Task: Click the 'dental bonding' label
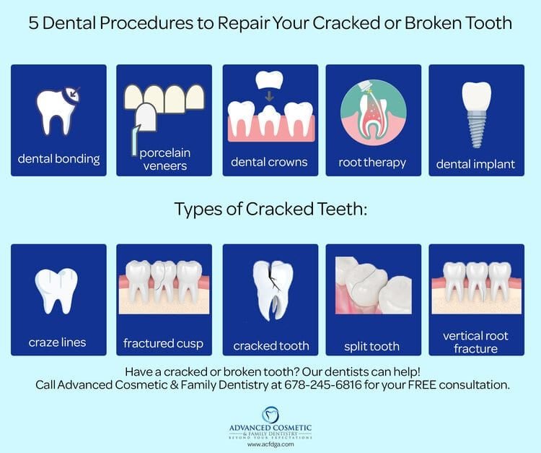59,158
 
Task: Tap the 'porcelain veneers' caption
164,160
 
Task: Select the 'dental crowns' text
270,163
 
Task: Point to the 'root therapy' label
373,163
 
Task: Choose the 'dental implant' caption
475,164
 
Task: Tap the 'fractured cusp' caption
164,343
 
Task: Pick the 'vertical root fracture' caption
475,342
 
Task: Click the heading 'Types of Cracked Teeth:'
270,210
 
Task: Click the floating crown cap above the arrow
270,77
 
